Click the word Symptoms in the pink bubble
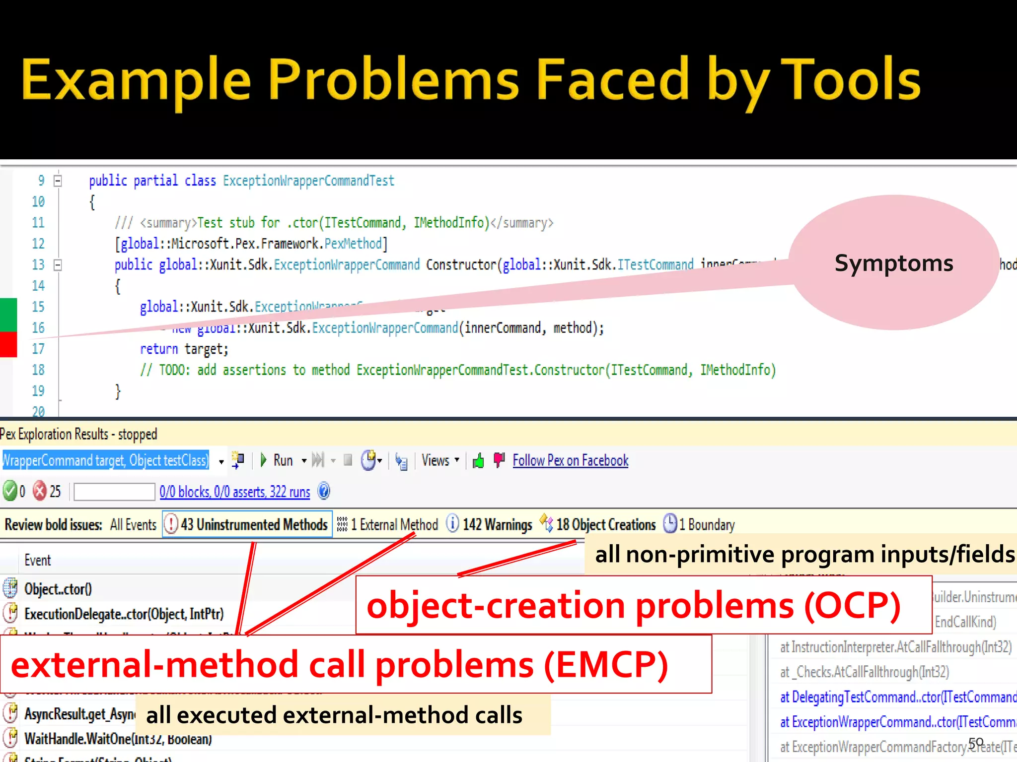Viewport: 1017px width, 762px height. tap(893, 263)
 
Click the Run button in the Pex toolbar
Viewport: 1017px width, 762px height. tap(277, 460)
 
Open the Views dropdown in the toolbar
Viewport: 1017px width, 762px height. tap(439, 460)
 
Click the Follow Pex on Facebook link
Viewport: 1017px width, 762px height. tap(570, 460)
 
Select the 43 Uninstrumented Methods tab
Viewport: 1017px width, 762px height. tap(247, 524)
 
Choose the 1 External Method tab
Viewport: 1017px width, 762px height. tap(388, 524)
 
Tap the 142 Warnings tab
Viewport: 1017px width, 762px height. tap(490, 524)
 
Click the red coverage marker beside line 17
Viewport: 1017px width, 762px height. tap(8, 344)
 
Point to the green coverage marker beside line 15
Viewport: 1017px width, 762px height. tap(8, 314)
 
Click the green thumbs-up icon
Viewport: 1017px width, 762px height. tap(478, 461)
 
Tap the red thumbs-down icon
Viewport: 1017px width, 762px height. tap(499, 460)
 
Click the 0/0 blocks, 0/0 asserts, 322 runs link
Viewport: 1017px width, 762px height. tap(234, 492)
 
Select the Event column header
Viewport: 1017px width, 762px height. tap(38, 560)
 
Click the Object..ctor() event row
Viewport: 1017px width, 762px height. tap(58, 589)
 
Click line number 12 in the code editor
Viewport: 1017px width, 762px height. tap(38, 244)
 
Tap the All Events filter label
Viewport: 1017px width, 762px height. tap(133, 524)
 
